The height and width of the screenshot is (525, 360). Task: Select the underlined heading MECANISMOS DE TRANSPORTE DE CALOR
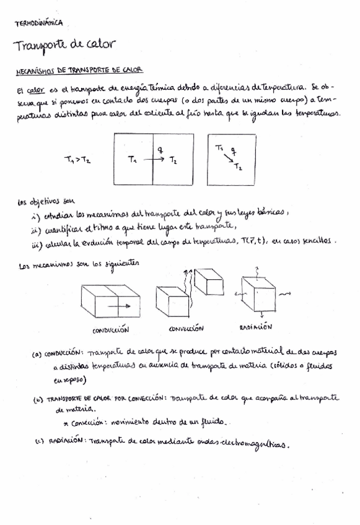(x=79, y=72)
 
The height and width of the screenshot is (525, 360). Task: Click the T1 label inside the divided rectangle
(x=132, y=160)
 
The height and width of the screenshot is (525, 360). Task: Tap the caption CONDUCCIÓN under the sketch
(x=111, y=329)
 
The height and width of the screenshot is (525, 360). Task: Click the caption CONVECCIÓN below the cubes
(x=187, y=329)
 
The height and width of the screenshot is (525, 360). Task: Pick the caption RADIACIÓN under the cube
(x=255, y=326)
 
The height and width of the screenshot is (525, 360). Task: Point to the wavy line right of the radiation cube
(x=283, y=295)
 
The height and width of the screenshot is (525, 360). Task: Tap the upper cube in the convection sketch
(x=208, y=282)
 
